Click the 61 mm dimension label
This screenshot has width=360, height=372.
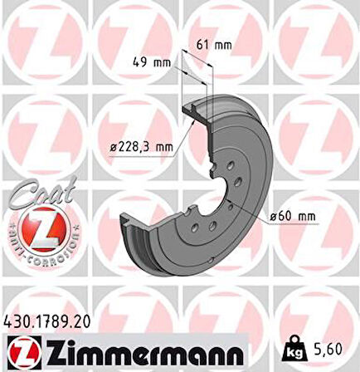218,45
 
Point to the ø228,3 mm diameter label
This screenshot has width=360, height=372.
145,147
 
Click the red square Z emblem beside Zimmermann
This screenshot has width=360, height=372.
22,352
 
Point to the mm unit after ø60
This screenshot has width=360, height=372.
305,217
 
